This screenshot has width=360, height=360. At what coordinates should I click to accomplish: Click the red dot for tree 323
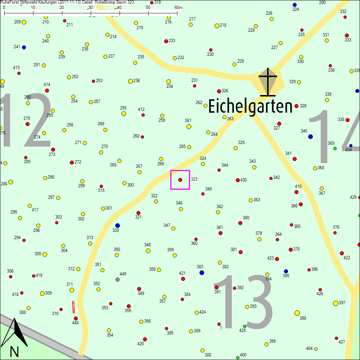pyautogui.click(x=180, y=180)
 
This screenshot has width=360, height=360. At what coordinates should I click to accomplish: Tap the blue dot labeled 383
pyautogui.click(x=202, y=273)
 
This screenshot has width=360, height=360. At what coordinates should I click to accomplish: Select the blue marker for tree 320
pyautogui.click(x=117, y=225)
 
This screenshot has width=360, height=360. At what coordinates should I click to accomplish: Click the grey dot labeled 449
pyautogui.click(x=117, y=279)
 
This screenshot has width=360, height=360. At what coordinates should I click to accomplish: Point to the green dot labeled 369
pyautogui.click(x=335, y=148)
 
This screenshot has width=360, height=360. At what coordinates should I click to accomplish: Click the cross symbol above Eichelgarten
pyautogui.click(x=268, y=82)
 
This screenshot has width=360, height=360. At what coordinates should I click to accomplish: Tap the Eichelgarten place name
pyautogui.click(x=250, y=107)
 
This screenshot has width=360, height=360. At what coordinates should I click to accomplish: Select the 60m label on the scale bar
pyautogui.click(x=179, y=8)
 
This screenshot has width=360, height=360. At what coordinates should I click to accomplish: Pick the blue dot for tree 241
pyautogui.click(x=24, y=47)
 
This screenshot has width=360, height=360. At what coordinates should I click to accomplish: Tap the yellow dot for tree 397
pyautogui.click(x=336, y=303)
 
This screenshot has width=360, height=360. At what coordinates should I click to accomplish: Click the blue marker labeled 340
pyautogui.click(x=310, y=136)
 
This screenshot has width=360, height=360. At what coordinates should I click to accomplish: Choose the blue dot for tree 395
pyautogui.click(x=286, y=271)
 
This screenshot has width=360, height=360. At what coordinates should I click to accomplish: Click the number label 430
pyautogui.click(x=244, y=180)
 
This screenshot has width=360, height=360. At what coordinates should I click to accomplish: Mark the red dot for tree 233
pyautogui.click(x=166, y=41)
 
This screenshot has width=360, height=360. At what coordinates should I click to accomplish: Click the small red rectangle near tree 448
pyautogui.click(x=73, y=307)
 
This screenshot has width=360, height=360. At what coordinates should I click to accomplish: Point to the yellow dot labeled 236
pyautogui.click(x=130, y=81)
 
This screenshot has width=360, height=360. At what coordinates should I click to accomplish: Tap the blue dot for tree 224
pyautogui.click(x=294, y=5)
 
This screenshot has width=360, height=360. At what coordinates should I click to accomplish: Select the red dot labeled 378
pyautogui.click(x=291, y=249)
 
